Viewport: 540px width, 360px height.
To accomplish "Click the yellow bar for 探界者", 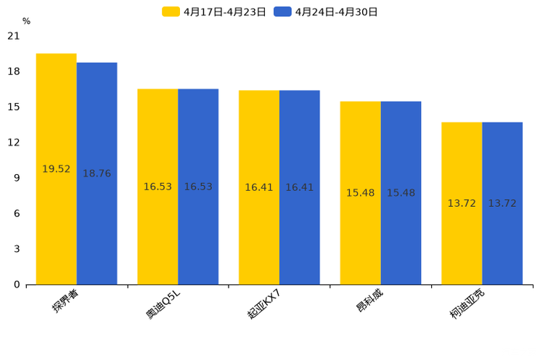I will pyautogui.click(x=56, y=168).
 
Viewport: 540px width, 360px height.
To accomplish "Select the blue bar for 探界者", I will pyautogui.click(x=97, y=173).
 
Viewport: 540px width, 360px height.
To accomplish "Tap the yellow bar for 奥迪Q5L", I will pyautogui.click(x=157, y=187).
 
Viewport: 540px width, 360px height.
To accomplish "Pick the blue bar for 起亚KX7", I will pyautogui.click(x=299, y=187).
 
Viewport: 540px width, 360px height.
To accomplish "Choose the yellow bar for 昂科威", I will pyautogui.click(x=360, y=193).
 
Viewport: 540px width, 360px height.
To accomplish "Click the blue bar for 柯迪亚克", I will pyautogui.click(x=502, y=203).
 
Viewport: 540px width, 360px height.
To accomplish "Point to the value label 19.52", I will pyautogui.click(x=56, y=169).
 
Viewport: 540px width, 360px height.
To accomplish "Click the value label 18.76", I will pyautogui.click(x=97, y=174).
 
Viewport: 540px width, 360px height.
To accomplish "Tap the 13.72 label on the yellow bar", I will pyautogui.click(x=462, y=204).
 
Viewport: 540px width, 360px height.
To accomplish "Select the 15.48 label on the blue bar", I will pyautogui.click(x=401, y=193).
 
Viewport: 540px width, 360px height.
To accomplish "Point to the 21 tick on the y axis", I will pyautogui.click(x=14, y=36).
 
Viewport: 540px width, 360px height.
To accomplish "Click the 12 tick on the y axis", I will pyautogui.click(x=14, y=143).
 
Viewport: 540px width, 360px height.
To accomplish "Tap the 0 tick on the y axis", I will pyautogui.click(x=17, y=285).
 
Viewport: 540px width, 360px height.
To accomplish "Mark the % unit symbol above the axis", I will pyautogui.click(x=26, y=22).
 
